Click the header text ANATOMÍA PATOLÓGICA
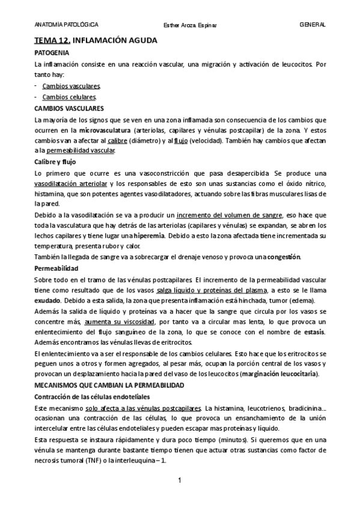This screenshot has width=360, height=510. pos(67,25)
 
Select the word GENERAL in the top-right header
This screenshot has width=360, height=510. pos(313,25)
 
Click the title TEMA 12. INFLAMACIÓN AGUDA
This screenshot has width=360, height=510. pos(96,40)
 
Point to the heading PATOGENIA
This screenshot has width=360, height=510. pos(53,54)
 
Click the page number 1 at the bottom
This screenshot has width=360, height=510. pos(180,481)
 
